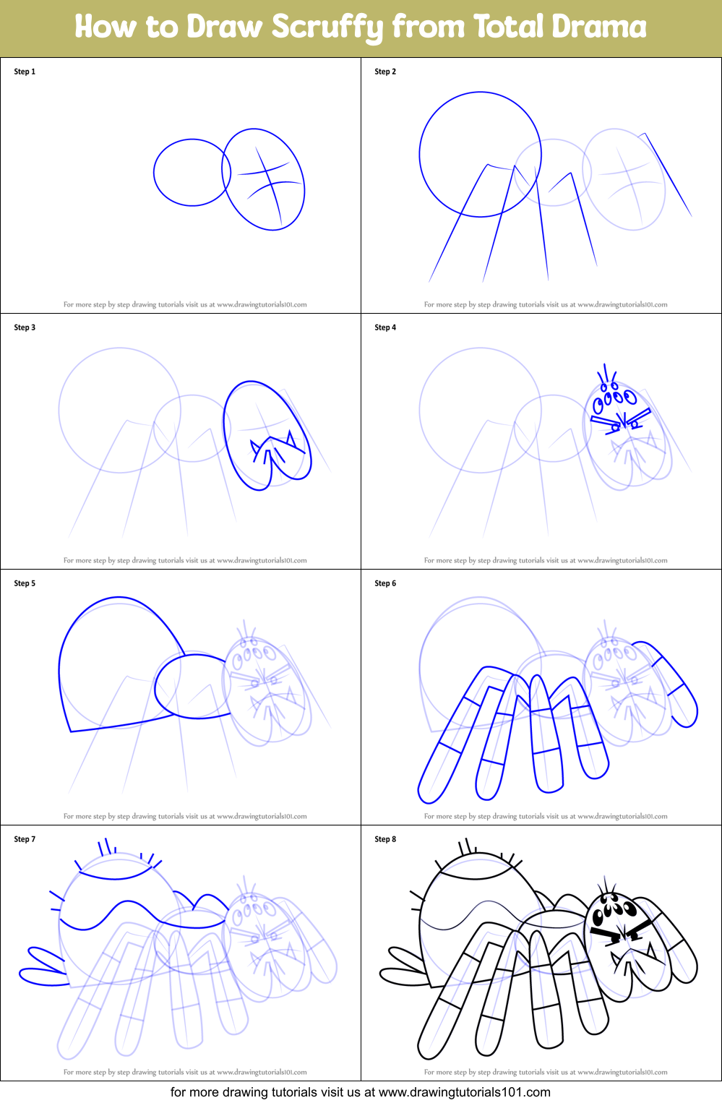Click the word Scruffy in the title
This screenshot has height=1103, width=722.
pos(328,27)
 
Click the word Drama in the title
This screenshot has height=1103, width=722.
pos(599,27)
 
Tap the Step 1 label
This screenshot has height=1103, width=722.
pos(25,72)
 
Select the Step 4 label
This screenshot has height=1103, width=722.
pos(385,327)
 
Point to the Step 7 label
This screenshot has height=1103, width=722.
pos(25,839)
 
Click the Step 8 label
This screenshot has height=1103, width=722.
pos(385,839)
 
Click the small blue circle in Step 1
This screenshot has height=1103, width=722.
pos(192,173)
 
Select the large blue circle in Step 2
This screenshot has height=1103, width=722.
pos(480,154)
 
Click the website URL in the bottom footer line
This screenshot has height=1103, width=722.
pos(464,1092)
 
